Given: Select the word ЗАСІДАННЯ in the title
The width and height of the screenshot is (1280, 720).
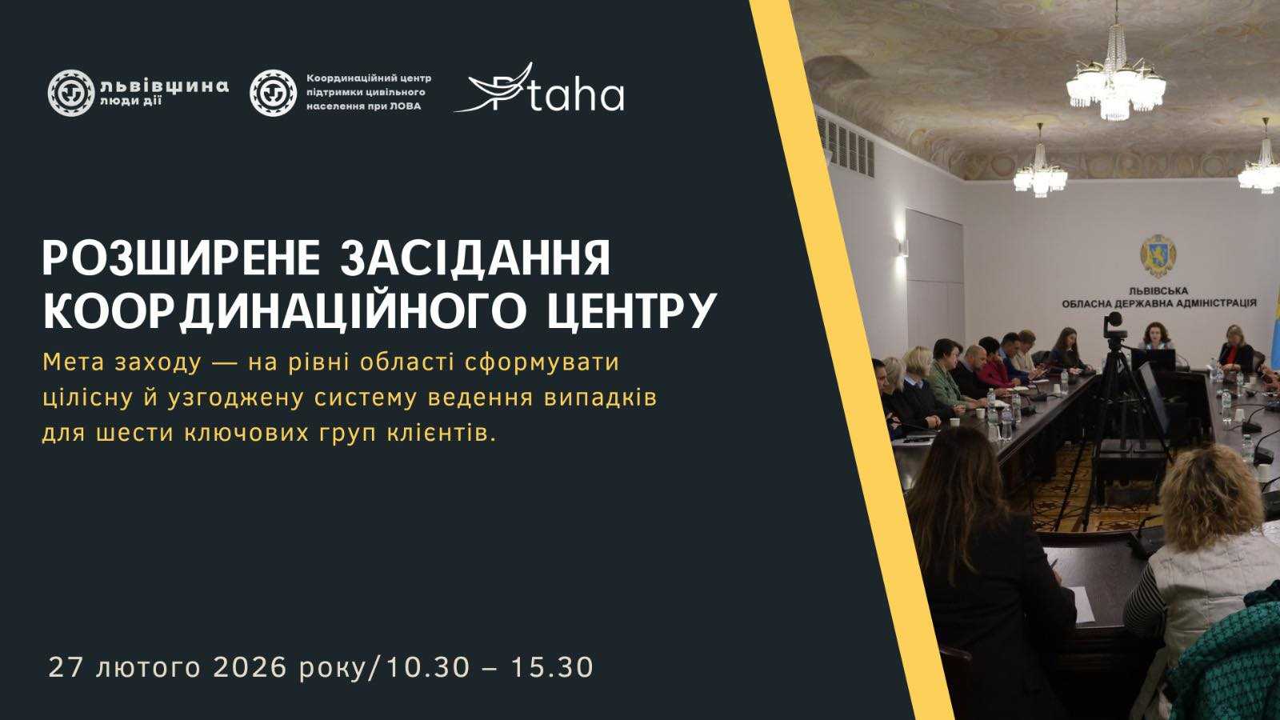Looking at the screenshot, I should pyautogui.click(x=475, y=259).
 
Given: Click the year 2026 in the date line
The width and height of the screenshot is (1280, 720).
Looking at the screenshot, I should pyautogui.click(x=249, y=667).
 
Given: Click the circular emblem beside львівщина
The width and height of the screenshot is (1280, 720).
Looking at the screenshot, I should pyautogui.click(x=70, y=93).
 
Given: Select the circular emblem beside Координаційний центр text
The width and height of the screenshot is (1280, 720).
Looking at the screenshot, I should pyautogui.click(x=273, y=93).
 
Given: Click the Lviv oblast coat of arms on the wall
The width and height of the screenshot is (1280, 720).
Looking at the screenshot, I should pyautogui.click(x=1158, y=255).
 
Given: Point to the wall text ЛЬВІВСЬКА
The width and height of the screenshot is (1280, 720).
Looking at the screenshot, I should pyautogui.click(x=1158, y=291).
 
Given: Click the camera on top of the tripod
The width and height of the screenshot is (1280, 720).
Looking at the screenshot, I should pyautogui.click(x=1114, y=323).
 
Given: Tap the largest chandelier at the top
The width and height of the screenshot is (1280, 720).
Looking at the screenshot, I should pyautogui.click(x=1115, y=76).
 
